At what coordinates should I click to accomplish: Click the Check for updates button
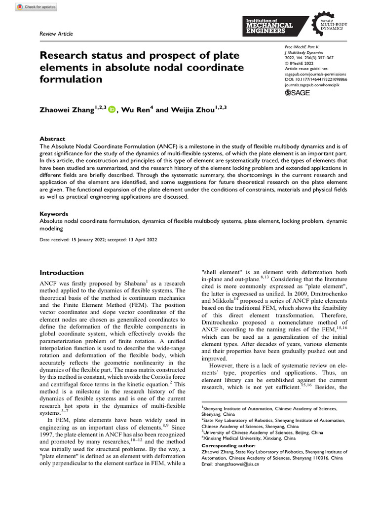[36, 7]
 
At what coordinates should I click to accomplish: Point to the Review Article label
[56, 34]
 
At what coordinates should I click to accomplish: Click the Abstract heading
[52, 139]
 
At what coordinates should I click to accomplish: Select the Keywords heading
[53, 215]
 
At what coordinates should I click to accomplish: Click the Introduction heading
[62, 273]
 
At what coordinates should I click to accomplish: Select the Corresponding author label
[231, 445]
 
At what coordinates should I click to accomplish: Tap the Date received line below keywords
[98, 240]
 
